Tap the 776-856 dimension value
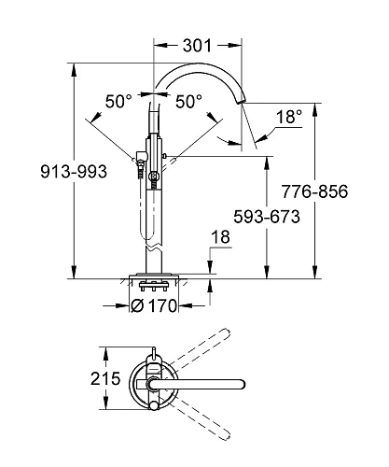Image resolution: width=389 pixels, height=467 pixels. point(341,191)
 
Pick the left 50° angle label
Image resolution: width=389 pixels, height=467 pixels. point(118,101)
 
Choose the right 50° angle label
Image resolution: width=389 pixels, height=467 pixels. point(189,101)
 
